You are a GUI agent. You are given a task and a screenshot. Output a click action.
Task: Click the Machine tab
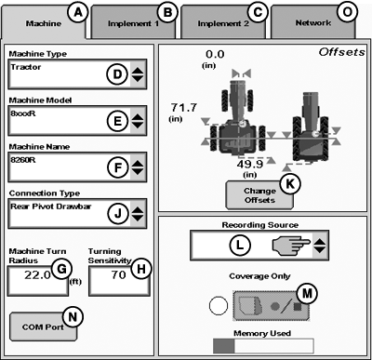click(x=44, y=23)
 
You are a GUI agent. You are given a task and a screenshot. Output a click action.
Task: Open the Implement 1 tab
click(x=133, y=23)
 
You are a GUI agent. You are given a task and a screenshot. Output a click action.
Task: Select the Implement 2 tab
click(x=223, y=23)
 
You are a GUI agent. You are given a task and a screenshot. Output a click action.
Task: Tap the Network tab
click(x=313, y=23)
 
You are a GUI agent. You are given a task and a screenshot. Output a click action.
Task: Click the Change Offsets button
click(x=259, y=195)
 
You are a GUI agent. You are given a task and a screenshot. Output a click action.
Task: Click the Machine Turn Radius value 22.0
click(x=37, y=274)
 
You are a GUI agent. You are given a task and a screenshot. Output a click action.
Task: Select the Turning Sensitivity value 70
click(x=119, y=274)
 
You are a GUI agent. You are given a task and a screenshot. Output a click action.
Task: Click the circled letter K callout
click(x=290, y=183)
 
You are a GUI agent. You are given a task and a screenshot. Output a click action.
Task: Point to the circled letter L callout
click(x=240, y=245)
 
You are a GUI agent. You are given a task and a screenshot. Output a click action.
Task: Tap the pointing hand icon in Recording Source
click(x=291, y=246)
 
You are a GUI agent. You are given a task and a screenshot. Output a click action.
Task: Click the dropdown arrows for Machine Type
click(x=138, y=74)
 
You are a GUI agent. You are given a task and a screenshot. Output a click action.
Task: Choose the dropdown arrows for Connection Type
click(x=138, y=214)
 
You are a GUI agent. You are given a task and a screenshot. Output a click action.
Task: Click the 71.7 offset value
click(x=184, y=108)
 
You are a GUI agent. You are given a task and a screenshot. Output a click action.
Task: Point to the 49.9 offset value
click(x=250, y=164)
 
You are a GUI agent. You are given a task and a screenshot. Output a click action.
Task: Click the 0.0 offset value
click(x=215, y=54)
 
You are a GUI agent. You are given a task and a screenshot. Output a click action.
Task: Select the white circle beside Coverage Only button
click(x=219, y=306)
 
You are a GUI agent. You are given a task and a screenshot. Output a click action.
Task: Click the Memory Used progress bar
click(x=263, y=346)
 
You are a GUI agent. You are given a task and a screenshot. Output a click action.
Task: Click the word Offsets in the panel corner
click(x=342, y=52)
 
